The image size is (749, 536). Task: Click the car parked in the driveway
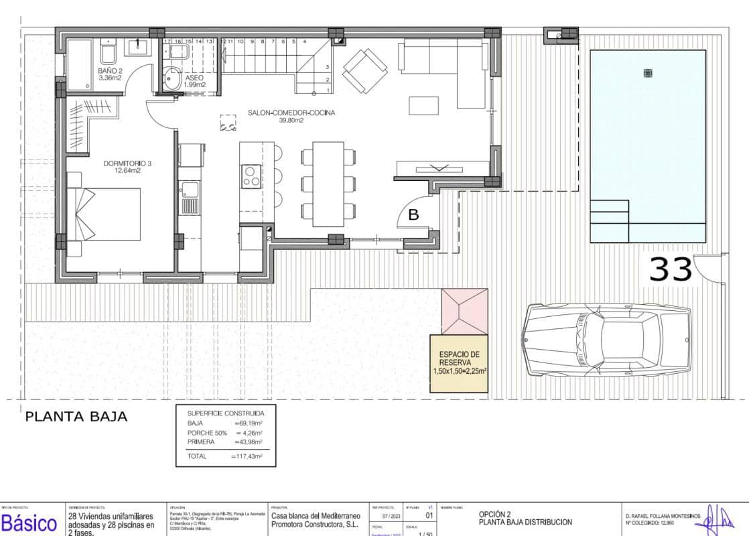(608, 340)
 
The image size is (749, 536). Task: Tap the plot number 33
(671, 269)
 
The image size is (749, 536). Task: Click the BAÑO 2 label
(110, 74)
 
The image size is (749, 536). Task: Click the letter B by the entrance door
(413, 215)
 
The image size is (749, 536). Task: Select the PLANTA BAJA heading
(76, 417)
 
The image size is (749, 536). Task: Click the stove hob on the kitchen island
(251, 176)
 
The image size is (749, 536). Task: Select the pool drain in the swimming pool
(647, 72)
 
